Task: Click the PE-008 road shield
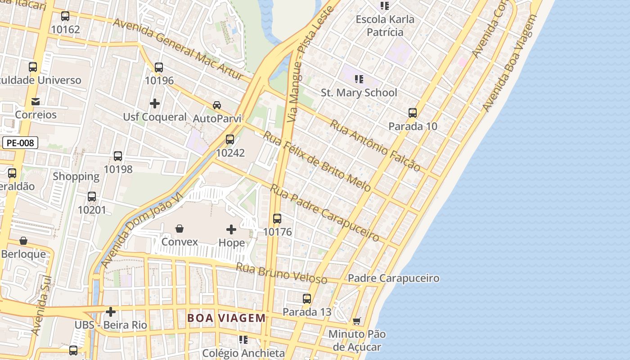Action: coord(20,143)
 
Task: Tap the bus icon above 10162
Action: coord(65,16)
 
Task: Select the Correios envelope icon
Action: coord(36,102)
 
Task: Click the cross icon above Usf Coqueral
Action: coord(155,103)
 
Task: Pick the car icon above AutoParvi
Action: coord(217,105)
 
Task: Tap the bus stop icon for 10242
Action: coord(230,139)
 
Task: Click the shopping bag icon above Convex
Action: coord(180,229)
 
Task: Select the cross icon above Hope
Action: coord(231,229)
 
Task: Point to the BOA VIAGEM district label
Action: coord(226,318)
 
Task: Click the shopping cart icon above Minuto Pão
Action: coord(357,321)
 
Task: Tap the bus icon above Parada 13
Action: coord(307,298)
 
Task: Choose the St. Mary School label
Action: coord(359,93)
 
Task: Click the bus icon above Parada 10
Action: coord(413,113)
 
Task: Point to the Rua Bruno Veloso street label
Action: coord(282,273)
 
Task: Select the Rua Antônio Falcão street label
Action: coord(375,145)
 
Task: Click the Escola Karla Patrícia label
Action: coord(385,26)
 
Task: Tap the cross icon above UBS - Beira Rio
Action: coord(111,311)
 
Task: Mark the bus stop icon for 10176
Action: coord(277,219)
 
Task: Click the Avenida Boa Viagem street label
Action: coord(510,63)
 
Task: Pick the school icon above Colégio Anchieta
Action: coord(243,340)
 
